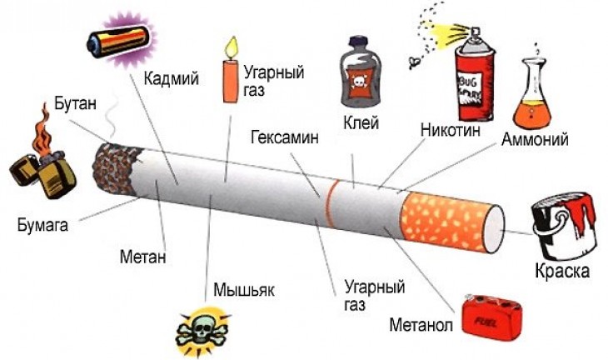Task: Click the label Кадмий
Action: pyautogui.click(x=171, y=78)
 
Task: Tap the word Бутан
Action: pyautogui.click(x=75, y=103)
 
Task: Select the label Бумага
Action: pyautogui.click(x=42, y=225)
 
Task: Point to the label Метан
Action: pyautogui.click(x=142, y=257)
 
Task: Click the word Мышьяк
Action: pyautogui.click(x=244, y=289)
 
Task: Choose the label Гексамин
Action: pyautogui.click(x=285, y=137)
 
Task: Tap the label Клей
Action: pyautogui.click(x=361, y=123)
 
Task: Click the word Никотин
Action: pyautogui.click(x=451, y=129)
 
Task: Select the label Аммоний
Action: pyautogui.click(x=535, y=139)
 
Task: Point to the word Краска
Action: pyautogui.click(x=562, y=270)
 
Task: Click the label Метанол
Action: pyautogui.click(x=421, y=325)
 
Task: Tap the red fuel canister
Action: pyautogui.click(x=491, y=317)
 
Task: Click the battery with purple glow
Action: pyautogui.click(x=119, y=39)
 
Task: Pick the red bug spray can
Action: pyautogui.click(x=474, y=76)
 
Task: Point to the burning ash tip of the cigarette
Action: pyautogui.click(x=115, y=169)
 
